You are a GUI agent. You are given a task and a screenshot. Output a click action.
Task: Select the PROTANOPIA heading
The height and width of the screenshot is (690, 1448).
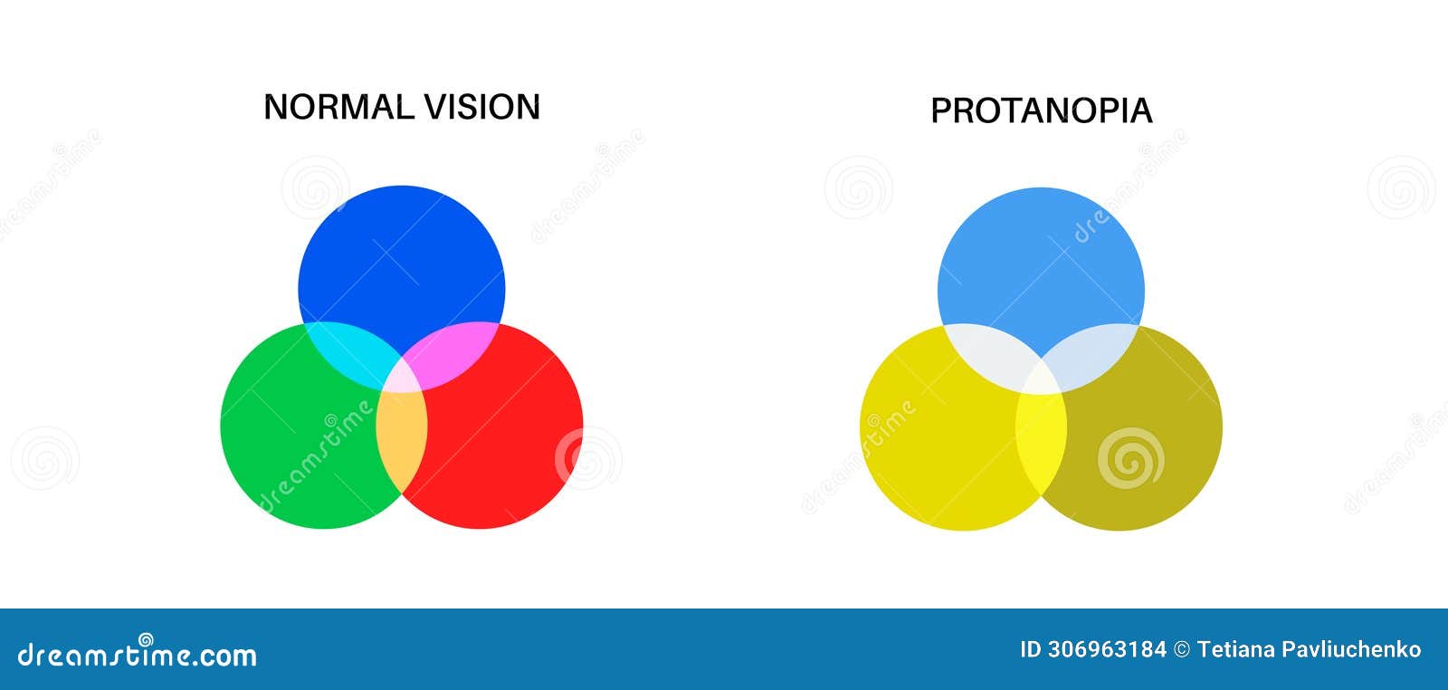1041,110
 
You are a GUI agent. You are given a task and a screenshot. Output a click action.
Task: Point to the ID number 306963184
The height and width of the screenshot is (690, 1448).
1107,649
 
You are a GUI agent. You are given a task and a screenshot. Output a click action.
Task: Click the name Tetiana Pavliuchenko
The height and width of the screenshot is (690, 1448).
1309,649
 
